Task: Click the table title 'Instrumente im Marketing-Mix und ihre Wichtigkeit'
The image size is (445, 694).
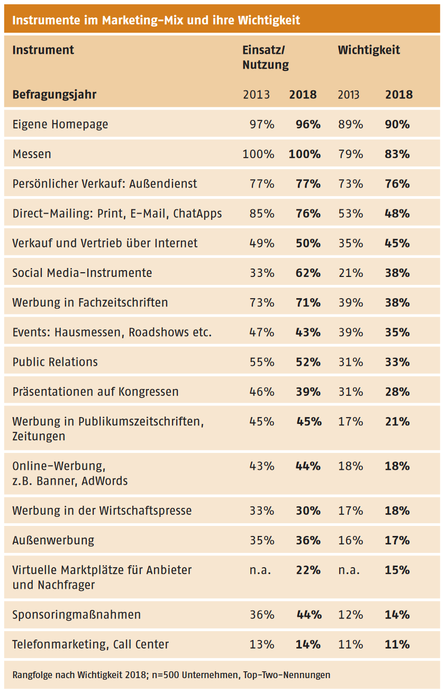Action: click(x=156, y=20)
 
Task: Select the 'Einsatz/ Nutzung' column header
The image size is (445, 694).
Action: click(x=266, y=58)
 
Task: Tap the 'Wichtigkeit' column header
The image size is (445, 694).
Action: click(x=369, y=50)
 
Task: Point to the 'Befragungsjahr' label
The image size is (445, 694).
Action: click(x=55, y=95)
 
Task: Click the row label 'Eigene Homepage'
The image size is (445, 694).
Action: click(x=60, y=125)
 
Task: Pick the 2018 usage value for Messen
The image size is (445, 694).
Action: click(x=305, y=154)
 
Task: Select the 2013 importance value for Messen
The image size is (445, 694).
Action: click(x=350, y=154)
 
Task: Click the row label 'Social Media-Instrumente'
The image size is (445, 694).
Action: click(x=82, y=273)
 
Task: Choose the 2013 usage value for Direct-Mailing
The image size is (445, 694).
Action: click(x=262, y=214)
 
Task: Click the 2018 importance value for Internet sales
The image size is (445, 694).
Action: click(x=397, y=243)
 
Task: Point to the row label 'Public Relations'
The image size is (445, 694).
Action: click(x=55, y=362)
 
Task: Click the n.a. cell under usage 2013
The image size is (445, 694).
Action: click(x=260, y=570)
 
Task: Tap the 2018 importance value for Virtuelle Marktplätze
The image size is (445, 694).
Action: click(x=397, y=570)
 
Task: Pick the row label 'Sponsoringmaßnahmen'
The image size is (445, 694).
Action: click(x=77, y=615)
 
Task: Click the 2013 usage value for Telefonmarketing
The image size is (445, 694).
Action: click(x=262, y=644)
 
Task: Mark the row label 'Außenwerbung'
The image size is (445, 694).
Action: click(x=53, y=540)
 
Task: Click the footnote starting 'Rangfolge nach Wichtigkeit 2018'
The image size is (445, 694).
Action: click(x=171, y=675)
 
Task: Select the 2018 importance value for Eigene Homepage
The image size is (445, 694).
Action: click(x=397, y=125)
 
